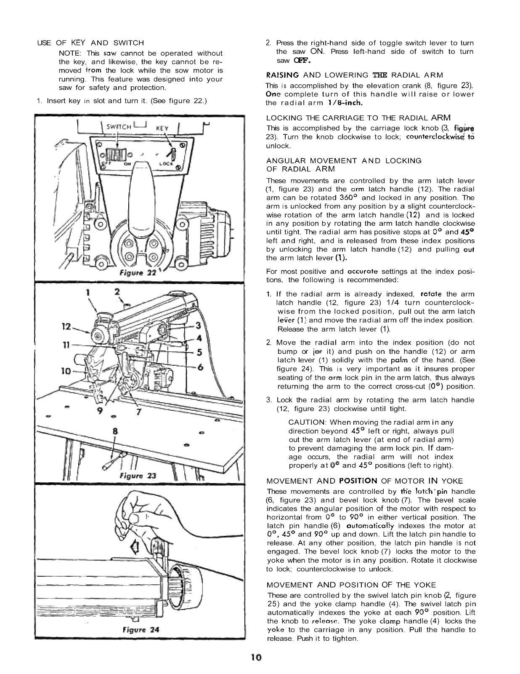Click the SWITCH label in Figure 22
[119, 126]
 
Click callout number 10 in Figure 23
[66, 371]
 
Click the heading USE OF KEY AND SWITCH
[90, 43]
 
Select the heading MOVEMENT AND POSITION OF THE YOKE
[351, 585]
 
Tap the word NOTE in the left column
[70, 53]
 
